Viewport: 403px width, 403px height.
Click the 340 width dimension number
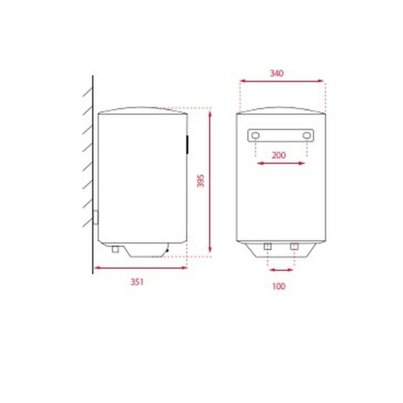276,73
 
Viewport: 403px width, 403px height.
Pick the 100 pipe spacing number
279,285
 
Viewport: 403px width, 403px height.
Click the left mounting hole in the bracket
255,136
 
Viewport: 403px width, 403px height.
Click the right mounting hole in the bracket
307,136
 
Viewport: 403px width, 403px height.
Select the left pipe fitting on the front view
267,247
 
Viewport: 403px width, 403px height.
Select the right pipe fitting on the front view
294,247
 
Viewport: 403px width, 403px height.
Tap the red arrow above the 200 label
281,164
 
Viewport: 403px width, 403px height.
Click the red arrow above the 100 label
281,268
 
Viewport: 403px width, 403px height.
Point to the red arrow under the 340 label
282,82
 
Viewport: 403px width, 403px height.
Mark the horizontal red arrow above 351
141,268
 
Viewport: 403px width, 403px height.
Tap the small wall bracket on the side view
96,219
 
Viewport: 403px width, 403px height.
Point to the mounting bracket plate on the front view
282,136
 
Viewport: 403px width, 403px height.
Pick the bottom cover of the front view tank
281,248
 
